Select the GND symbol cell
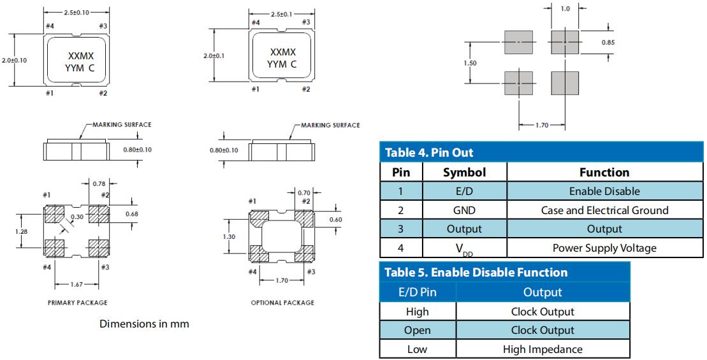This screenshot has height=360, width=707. pos(464,210)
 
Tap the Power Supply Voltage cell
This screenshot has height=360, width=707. pos(604,247)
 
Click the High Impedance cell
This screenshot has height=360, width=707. pos(543,349)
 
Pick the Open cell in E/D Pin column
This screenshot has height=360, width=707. pos(417,330)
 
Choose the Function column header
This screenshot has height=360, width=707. pos(604,172)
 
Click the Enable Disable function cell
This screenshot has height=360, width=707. pos(604,191)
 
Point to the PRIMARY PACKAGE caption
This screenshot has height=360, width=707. pos(77,303)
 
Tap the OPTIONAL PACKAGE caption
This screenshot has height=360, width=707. pos(282,303)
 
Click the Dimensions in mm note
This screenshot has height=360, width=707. pos(144,324)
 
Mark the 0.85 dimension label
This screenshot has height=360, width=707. pos(608,42)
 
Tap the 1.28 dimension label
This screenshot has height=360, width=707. pos(21,231)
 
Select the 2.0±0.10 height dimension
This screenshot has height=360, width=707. pos(14,60)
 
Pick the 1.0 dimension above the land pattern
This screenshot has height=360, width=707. pos(565,10)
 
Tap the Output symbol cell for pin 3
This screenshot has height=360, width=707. pos(464,229)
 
